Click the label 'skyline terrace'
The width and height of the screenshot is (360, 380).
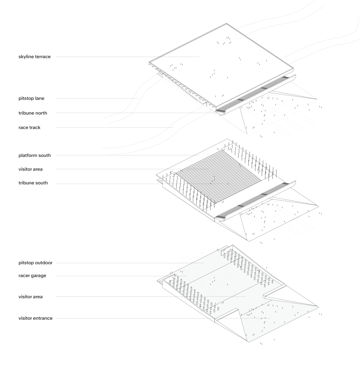pos(34,57)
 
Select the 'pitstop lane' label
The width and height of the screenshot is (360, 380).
pos(31,99)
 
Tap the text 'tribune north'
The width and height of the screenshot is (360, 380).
pos(33,113)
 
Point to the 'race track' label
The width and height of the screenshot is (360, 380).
pos(30,127)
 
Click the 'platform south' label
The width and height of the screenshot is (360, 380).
pos(34,155)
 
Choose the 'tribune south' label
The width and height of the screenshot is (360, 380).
pos(33,183)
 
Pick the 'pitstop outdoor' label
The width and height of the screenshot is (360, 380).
pos(36,263)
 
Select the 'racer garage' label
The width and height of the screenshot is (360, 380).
pos(32,276)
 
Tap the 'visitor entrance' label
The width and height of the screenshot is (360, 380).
pos(36,318)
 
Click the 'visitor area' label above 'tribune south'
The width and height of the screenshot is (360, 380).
pos(31,169)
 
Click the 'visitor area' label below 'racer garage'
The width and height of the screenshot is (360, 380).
pos(31,297)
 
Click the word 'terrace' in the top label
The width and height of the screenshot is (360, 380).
pos(43,57)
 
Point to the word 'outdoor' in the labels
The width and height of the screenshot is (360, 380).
pos(44,263)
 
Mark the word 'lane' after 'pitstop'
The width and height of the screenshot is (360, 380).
pos(39,99)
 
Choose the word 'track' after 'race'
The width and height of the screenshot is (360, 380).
pos(34,127)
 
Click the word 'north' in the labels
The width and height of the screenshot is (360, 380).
pos(41,113)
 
